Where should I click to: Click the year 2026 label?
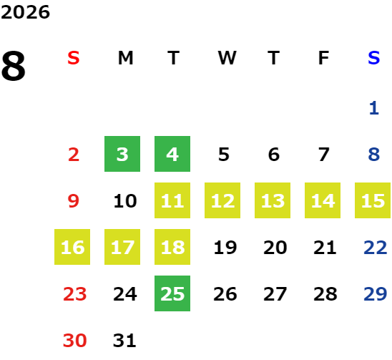[25, 12]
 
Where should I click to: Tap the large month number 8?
[14, 66]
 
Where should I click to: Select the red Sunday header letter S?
[74, 58]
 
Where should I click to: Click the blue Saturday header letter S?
[373, 58]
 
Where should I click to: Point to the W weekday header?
[227, 58]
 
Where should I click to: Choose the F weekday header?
[323, 58]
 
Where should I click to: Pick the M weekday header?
[125, 58]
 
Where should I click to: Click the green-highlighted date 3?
[122, 154]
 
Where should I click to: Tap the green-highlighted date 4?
[172, 154]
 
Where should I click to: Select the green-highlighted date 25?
[172, 293]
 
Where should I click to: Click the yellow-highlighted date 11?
[172, 200]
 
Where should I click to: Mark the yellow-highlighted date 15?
[373, 200]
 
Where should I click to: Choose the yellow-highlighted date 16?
[72, 247]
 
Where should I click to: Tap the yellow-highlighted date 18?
[172, 247]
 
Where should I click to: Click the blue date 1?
[373, 108]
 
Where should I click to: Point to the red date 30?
[74, 341]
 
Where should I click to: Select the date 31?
[124, 341]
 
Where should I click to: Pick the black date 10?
[125, 201]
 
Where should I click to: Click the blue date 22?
[375, 248]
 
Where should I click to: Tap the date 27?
[275, 294]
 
